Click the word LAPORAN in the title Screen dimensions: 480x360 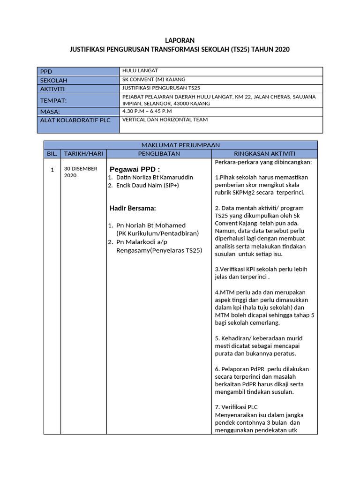180,41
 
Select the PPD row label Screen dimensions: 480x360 46,71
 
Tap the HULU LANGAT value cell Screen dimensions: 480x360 139,71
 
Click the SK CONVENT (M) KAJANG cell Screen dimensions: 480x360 153,80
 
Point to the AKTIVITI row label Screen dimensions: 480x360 52,89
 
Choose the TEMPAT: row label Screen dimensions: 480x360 53,100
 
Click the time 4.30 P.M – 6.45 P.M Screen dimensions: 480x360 147,111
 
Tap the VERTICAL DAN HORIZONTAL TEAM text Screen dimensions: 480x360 165,120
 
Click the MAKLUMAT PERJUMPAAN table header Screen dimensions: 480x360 180,145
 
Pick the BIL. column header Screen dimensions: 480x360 52,154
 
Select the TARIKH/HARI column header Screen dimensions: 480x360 83,154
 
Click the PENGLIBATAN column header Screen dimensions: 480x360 159,154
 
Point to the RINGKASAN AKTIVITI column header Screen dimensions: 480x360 264,154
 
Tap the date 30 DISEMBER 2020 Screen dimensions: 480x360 81,172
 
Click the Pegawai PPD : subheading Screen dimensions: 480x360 135,169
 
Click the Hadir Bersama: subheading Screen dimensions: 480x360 133,208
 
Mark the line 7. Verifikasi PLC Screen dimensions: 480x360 236,407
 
